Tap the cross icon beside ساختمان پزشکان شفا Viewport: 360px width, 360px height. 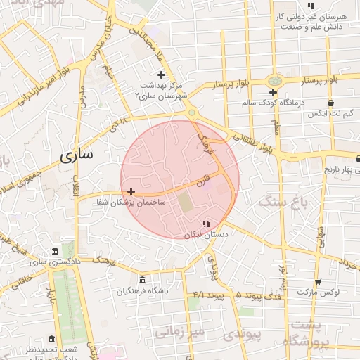[131, 191]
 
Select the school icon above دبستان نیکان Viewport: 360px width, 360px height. [205, 224]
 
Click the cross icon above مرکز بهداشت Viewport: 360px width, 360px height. [161, 74]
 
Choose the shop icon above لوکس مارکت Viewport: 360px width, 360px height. [319, 281]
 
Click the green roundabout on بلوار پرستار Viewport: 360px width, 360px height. [274, 81]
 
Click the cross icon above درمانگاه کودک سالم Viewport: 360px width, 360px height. [273, 92]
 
